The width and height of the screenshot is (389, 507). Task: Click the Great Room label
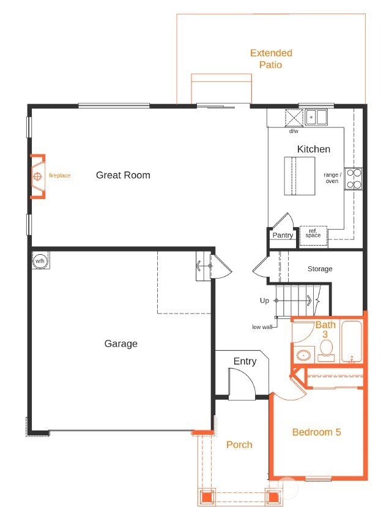click(123, 175)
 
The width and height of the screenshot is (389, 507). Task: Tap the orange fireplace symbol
click(38, 176)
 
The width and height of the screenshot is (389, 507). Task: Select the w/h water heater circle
click(40, 261)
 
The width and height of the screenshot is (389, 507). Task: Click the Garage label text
click(120, 344)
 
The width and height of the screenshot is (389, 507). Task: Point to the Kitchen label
click(313, 149)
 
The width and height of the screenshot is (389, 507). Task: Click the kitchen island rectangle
click(299, 176)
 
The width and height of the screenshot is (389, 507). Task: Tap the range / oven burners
click(353, 178)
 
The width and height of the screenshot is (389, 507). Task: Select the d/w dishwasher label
click(294, 131)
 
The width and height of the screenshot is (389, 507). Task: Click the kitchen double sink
click(317, 117)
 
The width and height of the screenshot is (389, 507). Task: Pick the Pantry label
click(283, 235)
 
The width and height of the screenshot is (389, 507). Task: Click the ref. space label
click(313, 234)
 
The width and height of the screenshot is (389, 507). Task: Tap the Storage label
click(320, 269)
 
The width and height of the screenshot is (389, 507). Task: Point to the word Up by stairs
click(264, 301)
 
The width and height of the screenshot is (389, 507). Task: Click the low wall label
click(262, 327)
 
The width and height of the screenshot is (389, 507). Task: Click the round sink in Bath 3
click(303, 356)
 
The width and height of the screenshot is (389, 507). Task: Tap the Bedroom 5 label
click(316, 432)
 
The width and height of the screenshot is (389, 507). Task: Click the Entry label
click(245, 361)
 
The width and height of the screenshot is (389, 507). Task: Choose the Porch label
click(239, 445)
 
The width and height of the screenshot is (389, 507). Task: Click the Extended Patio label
click(271, 59)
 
